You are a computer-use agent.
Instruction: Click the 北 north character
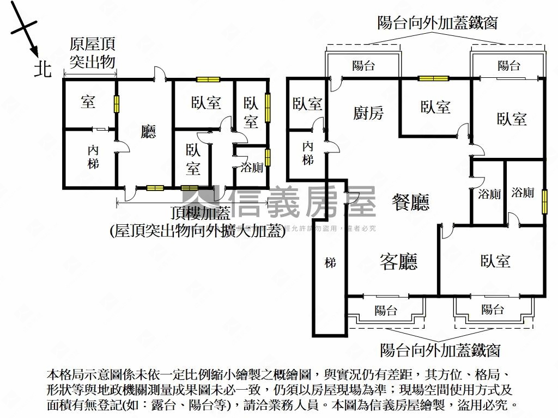[x=43, y=69]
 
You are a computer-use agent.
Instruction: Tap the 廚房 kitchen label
[x=368, y=113]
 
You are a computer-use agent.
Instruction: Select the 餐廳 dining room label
[x=411, y=202]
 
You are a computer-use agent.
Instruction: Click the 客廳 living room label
[x=398, y=262]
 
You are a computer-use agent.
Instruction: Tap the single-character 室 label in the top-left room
[x=88, y=102]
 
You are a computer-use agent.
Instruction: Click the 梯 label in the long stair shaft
[x=330, y=263]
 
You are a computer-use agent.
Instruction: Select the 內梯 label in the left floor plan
[x=93, y=156]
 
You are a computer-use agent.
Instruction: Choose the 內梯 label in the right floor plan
[x=308, y=153]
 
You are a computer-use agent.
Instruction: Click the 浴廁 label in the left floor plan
[x=251, y=168]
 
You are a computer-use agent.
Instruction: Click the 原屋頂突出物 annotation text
[x=92, y=53]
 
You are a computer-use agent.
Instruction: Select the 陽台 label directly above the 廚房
[x=363, y=66]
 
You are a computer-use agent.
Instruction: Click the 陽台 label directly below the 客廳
[x=386, y=311]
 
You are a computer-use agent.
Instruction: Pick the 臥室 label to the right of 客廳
[x=495, y=262]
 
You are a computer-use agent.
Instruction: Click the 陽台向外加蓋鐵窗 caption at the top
[x=437, y=23]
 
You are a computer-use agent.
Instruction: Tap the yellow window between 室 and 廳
[x=116, y=104]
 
